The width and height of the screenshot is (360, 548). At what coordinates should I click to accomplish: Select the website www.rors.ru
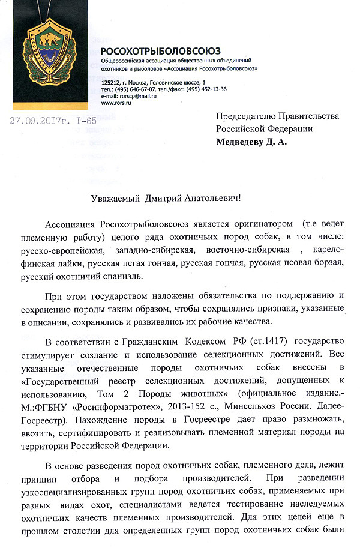point(116,103)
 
